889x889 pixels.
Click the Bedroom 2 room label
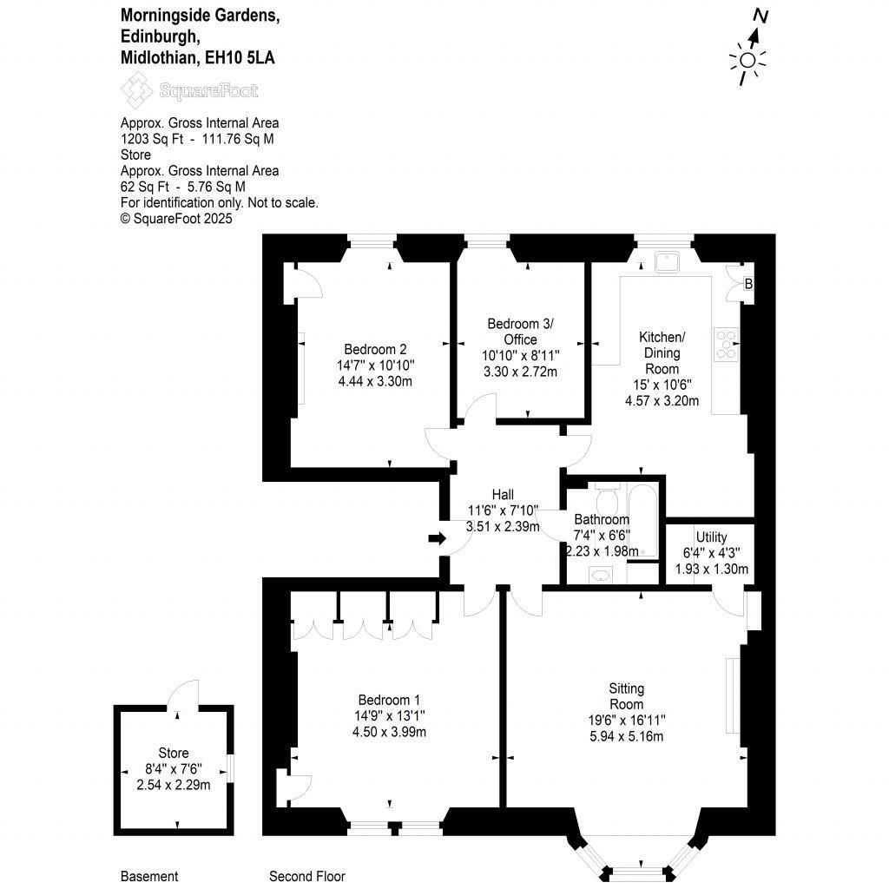[375, 349]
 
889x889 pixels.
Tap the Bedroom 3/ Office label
[521, 332]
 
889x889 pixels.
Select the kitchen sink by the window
[667, 262]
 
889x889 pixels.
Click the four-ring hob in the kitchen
[727, 344]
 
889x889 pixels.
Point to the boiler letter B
[748, 284]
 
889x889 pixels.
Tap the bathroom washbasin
[600, 576]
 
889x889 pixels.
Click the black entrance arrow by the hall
[438, 538]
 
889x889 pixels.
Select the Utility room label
[712, 537]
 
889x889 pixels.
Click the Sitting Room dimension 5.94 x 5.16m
[627, 736]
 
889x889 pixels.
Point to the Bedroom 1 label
[389, 700]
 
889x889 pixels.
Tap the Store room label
[174, 753]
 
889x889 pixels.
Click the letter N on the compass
[761, 16]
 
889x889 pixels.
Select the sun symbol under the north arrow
[747, 60]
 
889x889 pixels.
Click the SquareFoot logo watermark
[189, 90]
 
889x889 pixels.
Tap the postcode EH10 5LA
[240, 58]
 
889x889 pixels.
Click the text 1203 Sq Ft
[152, 139]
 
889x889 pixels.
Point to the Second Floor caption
[307, 876]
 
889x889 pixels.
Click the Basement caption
[149, 876]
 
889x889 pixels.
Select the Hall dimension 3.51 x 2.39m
[503, 527]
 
